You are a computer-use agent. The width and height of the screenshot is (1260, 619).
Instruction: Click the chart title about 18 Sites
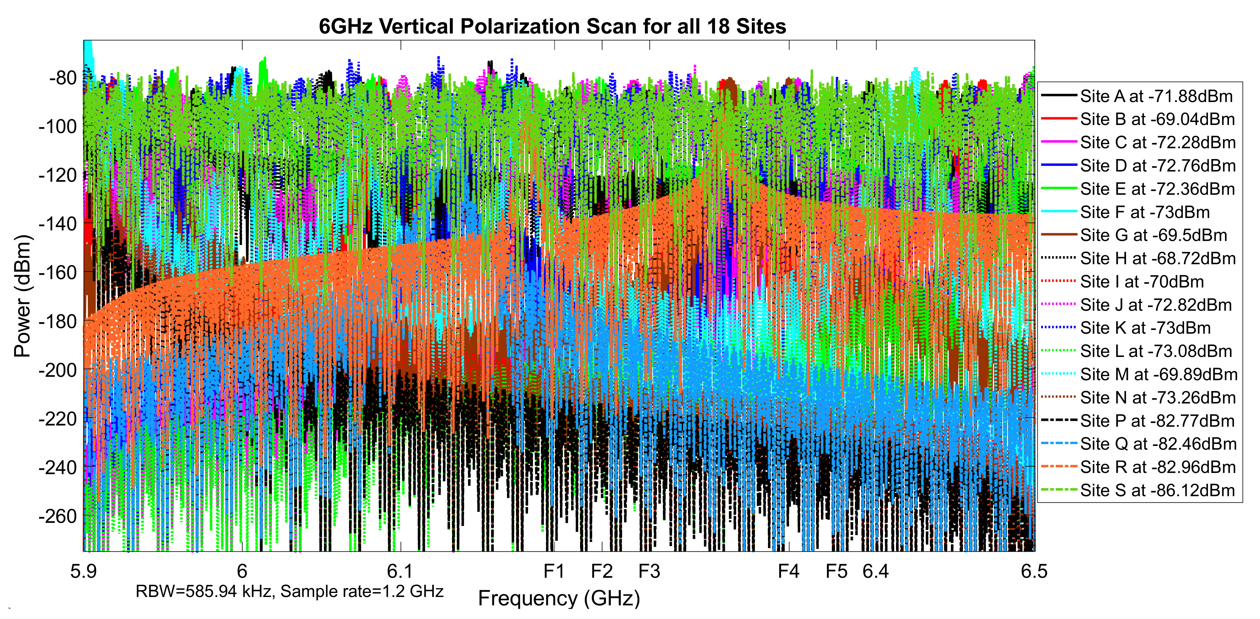(x=552, y=26)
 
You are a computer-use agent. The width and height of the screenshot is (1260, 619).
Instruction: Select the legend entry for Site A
(x=1156, y=96)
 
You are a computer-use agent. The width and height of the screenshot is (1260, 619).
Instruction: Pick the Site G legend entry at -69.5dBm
(x=1153, y=235)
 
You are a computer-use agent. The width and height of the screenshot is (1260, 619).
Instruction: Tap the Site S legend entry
(x=1157, y=490)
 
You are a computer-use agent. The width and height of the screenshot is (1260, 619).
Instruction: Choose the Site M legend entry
(x=1159, y=374)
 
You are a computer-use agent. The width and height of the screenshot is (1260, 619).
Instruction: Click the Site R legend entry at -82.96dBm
(x=1158, y=467)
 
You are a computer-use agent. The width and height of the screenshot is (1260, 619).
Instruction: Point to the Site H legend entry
(x=1158, y=258)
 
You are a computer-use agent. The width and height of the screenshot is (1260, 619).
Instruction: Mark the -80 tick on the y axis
(x=63, y=78)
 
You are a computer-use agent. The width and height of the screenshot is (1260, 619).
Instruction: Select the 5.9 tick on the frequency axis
(x=84, y=572)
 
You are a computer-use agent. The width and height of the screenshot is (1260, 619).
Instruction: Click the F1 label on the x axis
(x=554, y=572)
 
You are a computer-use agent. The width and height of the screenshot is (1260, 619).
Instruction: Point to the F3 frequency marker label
(x=650, y=572)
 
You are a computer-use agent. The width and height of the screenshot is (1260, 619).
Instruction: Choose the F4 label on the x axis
(x=788, y=572)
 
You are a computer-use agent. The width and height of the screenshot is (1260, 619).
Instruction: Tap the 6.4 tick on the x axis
(x=876, y=572)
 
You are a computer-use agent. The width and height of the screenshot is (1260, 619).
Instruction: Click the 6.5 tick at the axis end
(x=1034, y=572)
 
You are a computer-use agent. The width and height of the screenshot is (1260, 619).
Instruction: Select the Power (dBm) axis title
(x=23, y=296)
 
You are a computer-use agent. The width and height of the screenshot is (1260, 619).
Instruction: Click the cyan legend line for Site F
(x=1058, y=212)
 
